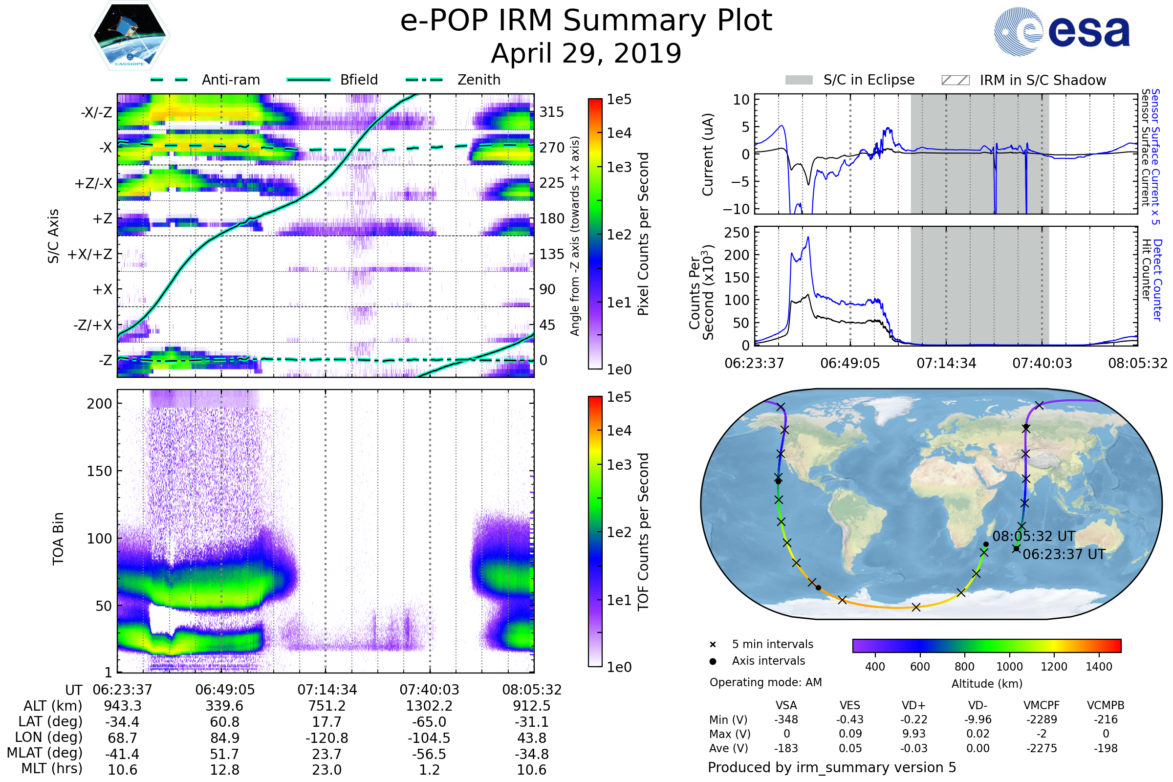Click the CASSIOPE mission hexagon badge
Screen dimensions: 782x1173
(130, 35)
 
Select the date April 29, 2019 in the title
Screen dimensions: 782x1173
(586, 53)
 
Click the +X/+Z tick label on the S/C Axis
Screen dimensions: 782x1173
(90, 254)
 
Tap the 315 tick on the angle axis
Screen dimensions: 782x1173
(551, 112)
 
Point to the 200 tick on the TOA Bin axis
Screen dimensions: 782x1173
(99, 404)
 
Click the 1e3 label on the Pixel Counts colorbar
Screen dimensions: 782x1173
(619, 167)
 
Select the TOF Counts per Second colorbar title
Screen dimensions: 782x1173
(643, 532)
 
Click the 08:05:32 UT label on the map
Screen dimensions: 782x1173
(1033, 536)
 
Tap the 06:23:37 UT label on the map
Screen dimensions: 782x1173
(1064, 554)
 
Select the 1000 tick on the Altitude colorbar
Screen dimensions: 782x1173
(1009, 667)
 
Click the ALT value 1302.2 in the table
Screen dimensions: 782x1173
(429, 706)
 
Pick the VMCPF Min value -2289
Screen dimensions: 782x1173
(1042, 719)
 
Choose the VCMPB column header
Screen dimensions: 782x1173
(1105, 705)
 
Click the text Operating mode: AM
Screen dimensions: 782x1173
(765, 682)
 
